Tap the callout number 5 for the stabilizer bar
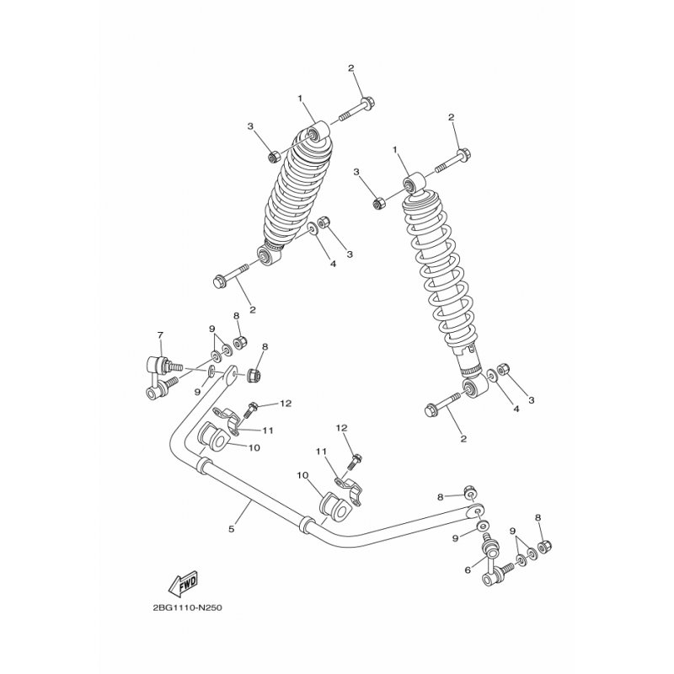[232, 529]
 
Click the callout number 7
[160, 335]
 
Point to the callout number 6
[468, 570]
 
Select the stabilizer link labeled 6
[495, 559]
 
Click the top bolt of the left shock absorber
[356, 110]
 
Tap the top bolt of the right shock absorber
[452, 161]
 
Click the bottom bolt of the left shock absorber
[231, 275]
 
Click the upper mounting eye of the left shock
[317, 134]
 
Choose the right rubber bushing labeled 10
[334, 507]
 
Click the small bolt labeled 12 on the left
[250, 409]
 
